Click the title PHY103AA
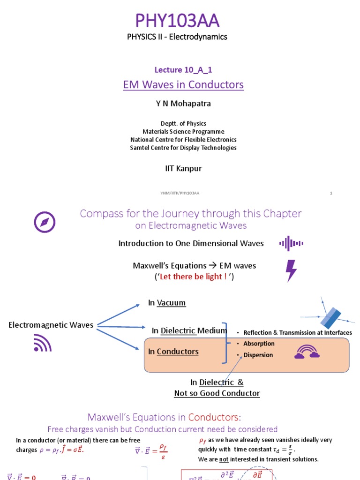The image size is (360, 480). [177, 21]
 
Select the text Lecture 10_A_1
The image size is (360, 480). [180, 70]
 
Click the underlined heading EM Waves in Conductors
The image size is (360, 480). [183, 85]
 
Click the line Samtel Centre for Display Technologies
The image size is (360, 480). [183, 148]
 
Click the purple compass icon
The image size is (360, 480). [45, 222]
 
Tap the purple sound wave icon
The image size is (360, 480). [291, 243]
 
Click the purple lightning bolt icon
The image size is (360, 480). [291, 270]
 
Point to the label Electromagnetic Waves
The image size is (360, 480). [51, 325]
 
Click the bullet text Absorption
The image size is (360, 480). [259, 344]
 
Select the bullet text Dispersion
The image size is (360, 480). [258, 355]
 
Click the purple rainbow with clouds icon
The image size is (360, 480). [307, 352]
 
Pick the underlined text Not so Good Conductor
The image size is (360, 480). [217, 393]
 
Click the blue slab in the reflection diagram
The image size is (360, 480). [330, 318]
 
